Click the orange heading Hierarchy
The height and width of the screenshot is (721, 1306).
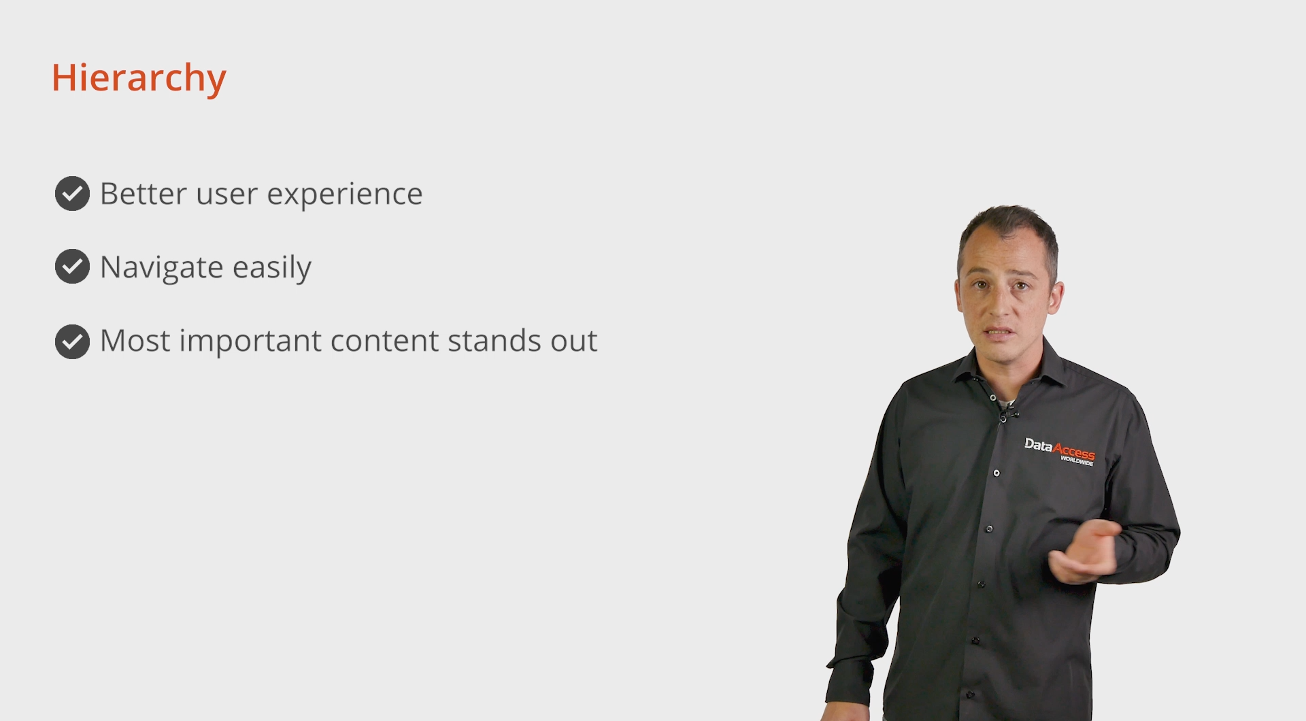tap(139, 79)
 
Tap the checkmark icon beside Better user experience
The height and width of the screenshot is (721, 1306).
tap(72, 194)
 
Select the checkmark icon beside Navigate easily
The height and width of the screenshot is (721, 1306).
tap(72, 267)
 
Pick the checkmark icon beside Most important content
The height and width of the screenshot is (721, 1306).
tap(72, 341)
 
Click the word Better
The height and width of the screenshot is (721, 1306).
tap(144, 194)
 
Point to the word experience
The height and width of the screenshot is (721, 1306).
tap(345, 196)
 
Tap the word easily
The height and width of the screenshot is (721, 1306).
tap(272, 268)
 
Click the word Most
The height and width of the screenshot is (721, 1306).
tap(135, 340)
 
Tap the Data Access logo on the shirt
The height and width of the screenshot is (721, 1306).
tap(1060, 451)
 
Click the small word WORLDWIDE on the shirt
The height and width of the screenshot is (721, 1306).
tap(1077, 461)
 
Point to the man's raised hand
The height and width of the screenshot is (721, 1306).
tap(1084, 551)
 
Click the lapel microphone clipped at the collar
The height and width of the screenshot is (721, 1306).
tap(1006, 414)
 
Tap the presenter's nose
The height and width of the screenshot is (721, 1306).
tap(1000, 305)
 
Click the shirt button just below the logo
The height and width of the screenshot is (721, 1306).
tap(997, 473)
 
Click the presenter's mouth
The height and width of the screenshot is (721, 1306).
tap(999, 333)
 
